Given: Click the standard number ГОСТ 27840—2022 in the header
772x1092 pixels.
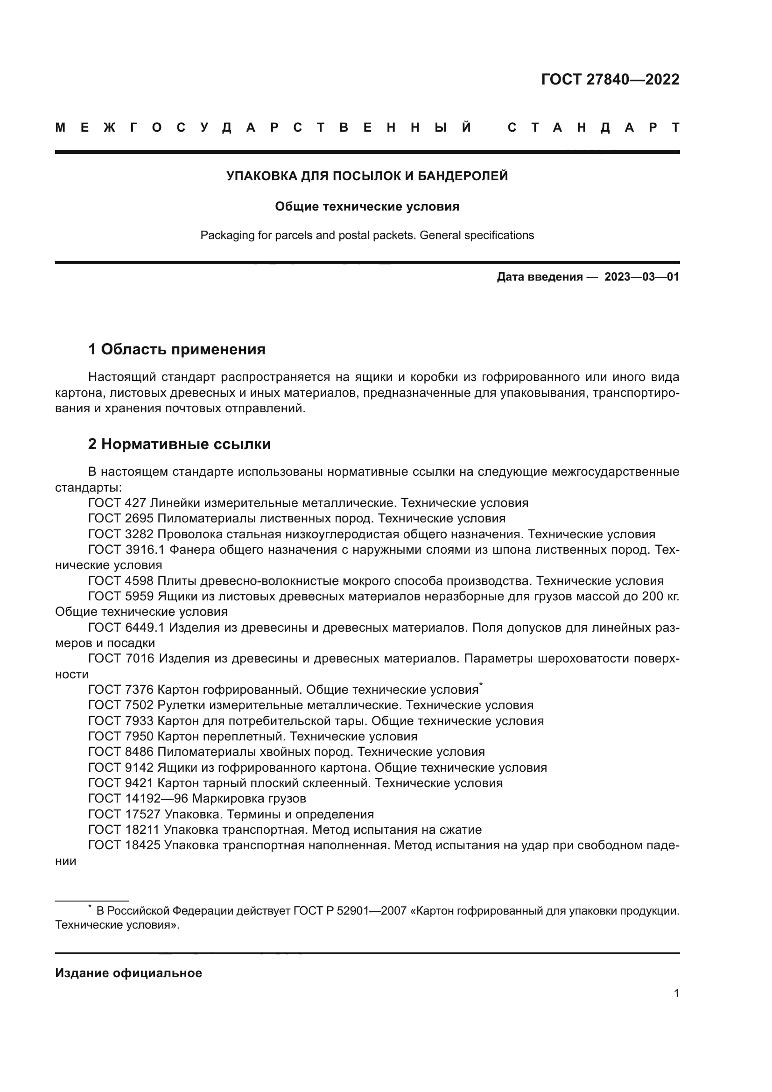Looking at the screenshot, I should point(610,79).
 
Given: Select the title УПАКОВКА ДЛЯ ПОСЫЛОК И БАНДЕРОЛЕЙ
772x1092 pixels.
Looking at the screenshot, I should point(367,176).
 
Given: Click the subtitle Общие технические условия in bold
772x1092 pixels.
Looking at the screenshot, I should point(367,206).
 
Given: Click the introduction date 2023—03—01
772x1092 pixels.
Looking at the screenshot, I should point(642,277).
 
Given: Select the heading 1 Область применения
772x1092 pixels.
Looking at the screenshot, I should point(176,350).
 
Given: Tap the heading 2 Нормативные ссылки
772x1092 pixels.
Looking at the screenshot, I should point(179,444).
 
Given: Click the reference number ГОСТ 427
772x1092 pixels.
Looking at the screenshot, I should point(117,503).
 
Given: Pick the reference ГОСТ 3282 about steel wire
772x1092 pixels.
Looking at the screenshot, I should point(121,534).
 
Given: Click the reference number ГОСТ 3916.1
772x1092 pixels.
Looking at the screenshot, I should point(126,550).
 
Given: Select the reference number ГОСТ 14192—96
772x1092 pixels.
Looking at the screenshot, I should point(138,798).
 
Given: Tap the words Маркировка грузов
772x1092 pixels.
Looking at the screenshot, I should point(249,798).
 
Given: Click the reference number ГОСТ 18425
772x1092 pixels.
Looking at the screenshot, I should point(124,845).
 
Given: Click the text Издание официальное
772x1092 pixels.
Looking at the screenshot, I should point(128,973).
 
